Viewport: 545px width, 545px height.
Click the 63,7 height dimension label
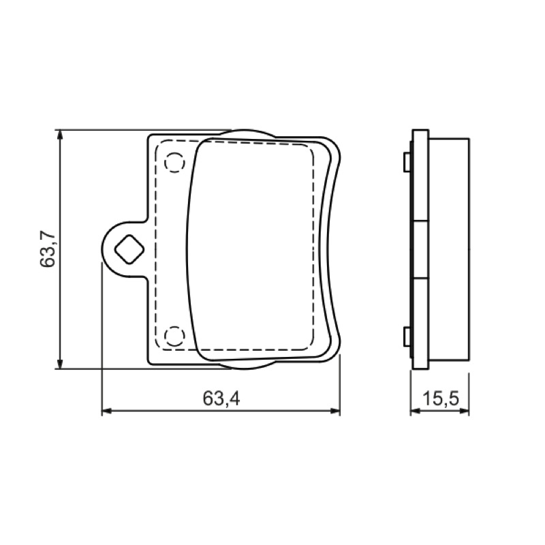tap(48, 248)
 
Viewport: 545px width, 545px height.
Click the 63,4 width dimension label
tap(221, 398)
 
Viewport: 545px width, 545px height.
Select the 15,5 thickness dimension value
tap(441, 399)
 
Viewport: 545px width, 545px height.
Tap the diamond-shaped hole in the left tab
tap(129, 249)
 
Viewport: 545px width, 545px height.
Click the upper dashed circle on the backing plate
tap(174, 162)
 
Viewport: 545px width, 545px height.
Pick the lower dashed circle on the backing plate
tap(174, 337)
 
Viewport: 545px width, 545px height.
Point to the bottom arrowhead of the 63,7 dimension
tap(60, 363)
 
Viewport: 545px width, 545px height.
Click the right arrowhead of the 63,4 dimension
tap(334, 411)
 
